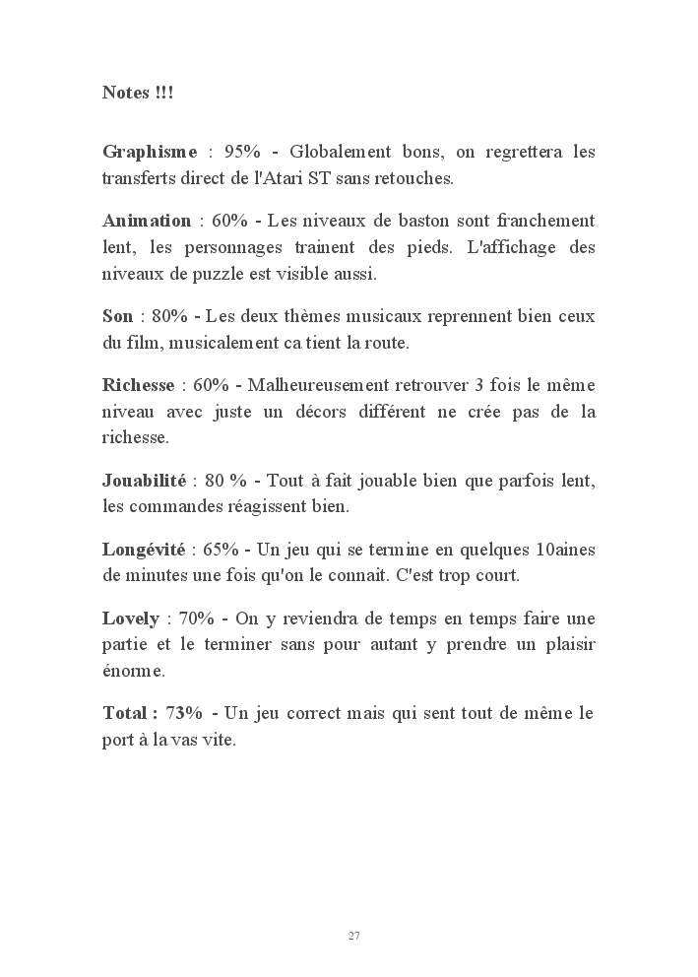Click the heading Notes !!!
[139, 93]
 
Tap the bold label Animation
[147, 220]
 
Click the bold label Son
[117, 316]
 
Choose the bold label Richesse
[139, 384]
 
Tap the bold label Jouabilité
[144, 481]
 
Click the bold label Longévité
[147, 549]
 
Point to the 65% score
[222, 549]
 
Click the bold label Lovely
[131, 618]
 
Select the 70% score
[197, 618]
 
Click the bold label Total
[127, 712]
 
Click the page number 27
[353, 935]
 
